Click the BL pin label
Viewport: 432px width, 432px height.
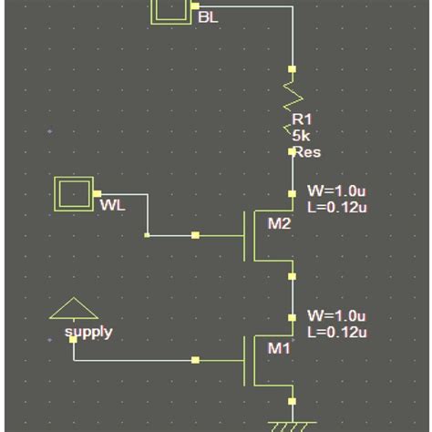click(208, 16)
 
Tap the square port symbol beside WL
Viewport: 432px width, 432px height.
click(72, 194)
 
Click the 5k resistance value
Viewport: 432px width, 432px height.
click(301, 135)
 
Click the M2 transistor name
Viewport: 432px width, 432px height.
click(280, 224)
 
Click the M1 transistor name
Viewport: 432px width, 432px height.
click(278, 347)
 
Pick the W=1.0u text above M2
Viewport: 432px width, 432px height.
click(336, 193)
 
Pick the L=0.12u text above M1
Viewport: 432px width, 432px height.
click(336, 333)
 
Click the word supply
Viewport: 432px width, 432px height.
click(88, 332)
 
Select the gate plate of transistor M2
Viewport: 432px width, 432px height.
click(244, 235)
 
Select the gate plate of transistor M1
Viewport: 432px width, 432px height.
click(244, 360)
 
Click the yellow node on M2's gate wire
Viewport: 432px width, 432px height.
click(195, 235)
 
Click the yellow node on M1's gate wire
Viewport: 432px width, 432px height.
click(195, 360)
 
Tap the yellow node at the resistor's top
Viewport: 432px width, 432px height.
click(293, 69)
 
